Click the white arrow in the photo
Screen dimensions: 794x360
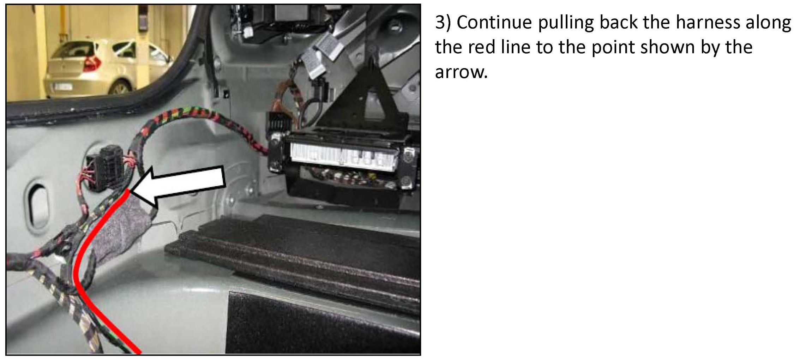pos(178,185)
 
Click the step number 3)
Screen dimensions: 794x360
pos(443,23)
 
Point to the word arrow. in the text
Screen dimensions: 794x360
pos(461,72)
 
